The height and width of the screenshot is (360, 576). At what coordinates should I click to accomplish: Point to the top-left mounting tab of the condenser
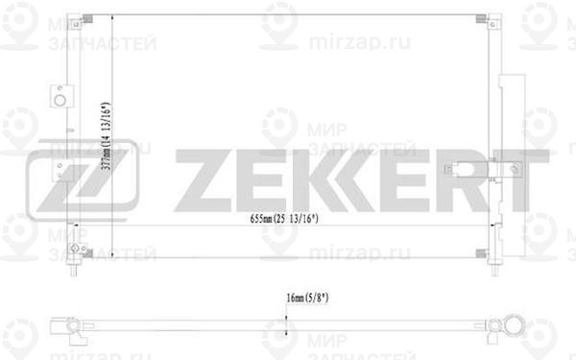(87, 20)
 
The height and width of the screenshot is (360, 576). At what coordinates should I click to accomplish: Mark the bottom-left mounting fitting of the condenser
(87, 256)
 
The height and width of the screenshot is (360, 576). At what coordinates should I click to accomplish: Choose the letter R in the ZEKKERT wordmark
(465, 179)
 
